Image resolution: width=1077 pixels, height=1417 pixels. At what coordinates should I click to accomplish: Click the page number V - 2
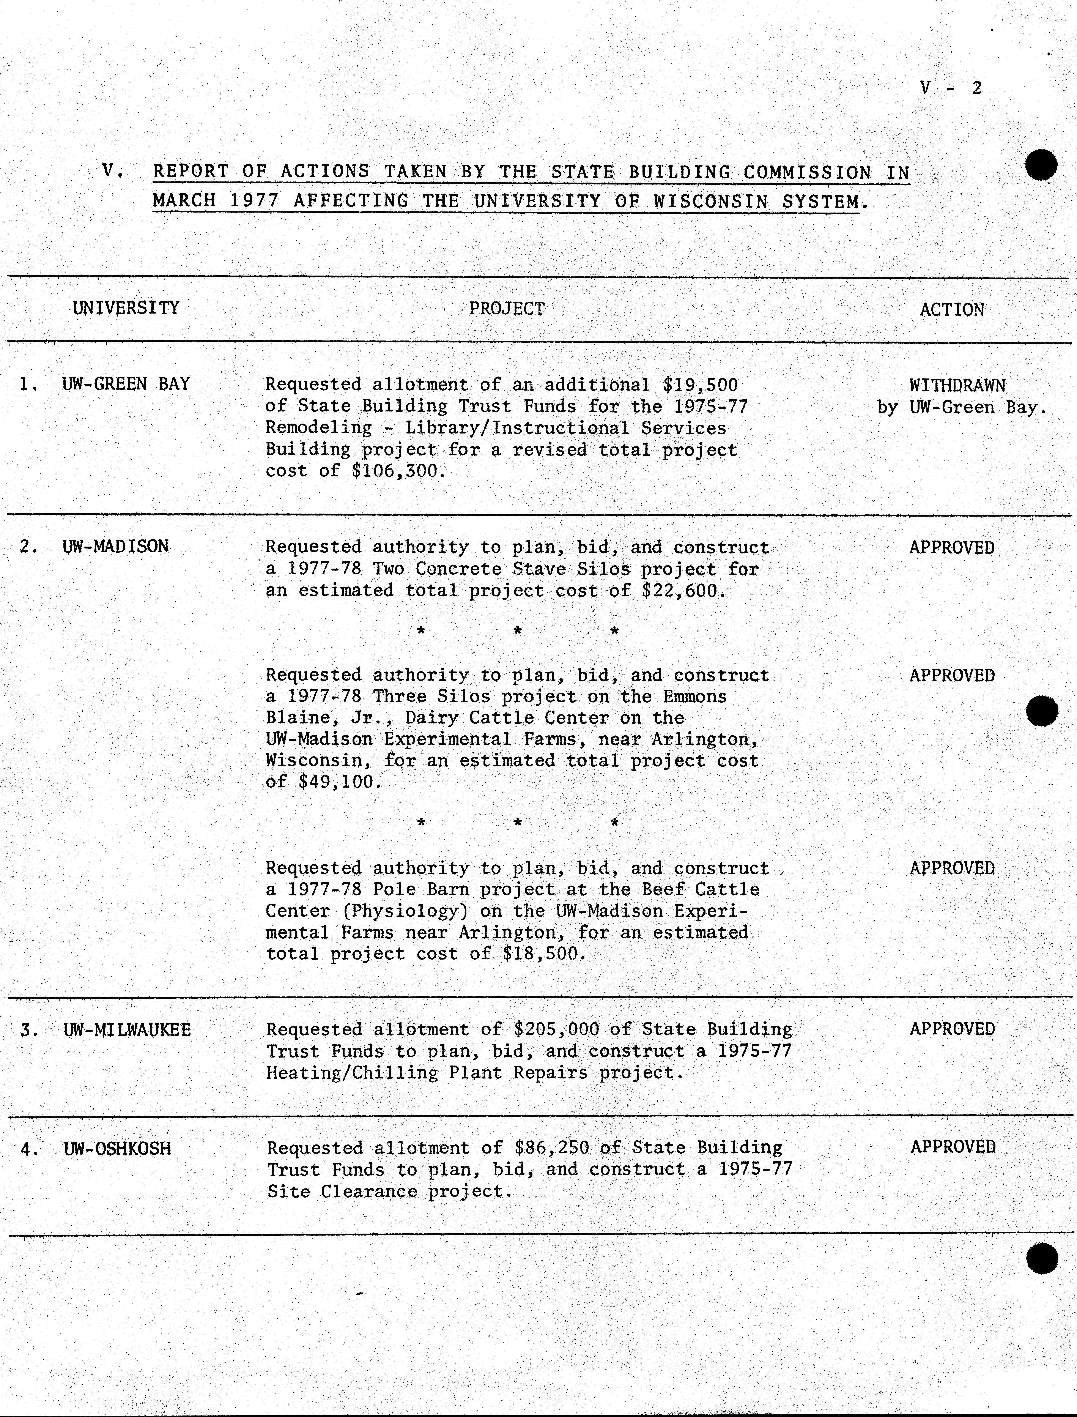(x=950, y=88)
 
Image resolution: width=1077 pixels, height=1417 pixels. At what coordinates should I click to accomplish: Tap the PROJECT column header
(x=506, y=309)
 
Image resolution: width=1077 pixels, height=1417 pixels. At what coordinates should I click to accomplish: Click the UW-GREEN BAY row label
(x=126, y=384)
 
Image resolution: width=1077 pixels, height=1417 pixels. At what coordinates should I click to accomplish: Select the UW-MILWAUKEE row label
(x=127, y=1030)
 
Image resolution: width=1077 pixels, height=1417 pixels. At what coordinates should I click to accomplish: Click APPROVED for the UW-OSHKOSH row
(x=953, y=1147)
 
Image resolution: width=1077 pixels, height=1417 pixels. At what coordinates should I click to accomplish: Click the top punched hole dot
(x=1041, y=166)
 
